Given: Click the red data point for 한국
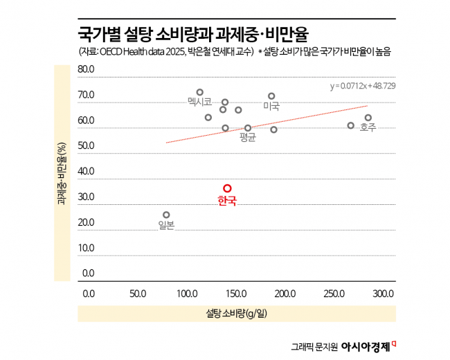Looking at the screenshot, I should pyautogui.click(x=227, y=188).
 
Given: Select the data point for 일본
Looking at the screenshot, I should pyautogui.click(x=166, y=215).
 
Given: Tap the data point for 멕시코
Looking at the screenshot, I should pyautogui.click(x=200, y=92).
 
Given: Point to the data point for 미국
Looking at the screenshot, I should pyautogui.click(x=271, y=96).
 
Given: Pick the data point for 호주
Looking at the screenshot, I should pyautogui.click(x=368, y=118).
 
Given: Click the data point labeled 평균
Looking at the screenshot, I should pyautogui.click(x=248, y=128).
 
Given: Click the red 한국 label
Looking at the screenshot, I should pyautogui.click(x=227, y=201).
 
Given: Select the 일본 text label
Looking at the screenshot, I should pyautogui.click(x=166, y=225).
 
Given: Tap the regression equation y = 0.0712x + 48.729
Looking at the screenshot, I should pyautogui.click(x=362, y=86).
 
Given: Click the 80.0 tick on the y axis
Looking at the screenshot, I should pyautogui.click(x=86, y=69).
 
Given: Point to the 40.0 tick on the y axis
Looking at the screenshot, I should pyautogui.click(x=86, y=171).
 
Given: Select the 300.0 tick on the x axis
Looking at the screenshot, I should pyautogui.click(x=384, y=294).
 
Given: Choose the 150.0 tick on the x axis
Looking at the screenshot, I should pyautogui.click(x=237, y=294).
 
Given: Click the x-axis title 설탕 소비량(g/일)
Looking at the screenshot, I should pyautogui.click(x=236, y=314).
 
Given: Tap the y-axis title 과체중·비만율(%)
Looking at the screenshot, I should pyautogui.click(x=62, y=174).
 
